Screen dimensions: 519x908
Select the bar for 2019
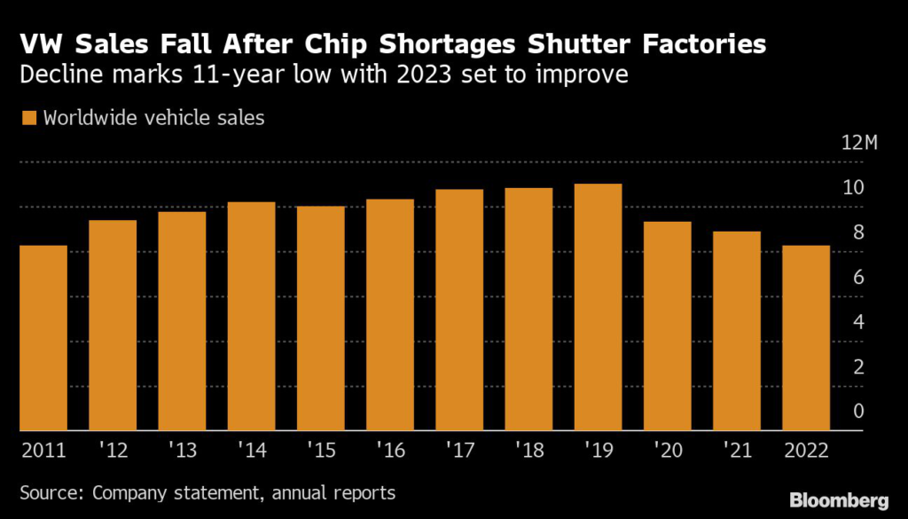(x=598, y=307)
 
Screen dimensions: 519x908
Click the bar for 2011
(x=43, y=338)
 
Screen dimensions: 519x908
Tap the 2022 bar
(x=805, y=338)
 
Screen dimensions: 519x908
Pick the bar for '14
(x=251, y=316)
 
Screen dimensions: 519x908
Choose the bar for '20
(x=667, y=326)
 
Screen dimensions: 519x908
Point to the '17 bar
(x=459, y=310)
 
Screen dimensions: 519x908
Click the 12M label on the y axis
(x=857, y=144)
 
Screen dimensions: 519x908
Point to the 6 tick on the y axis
(x=857, y=278)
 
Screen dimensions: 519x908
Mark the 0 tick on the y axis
(x=857, y=411)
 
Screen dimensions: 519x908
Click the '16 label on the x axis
(x=389, y=450)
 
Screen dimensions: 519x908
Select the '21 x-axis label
(x=736, y=450)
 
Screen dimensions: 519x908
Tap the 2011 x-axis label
(x=43, y=450)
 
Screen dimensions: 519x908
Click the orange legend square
(x=27, y=118)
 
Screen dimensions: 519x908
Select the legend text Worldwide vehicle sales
(x=153, y=118)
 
